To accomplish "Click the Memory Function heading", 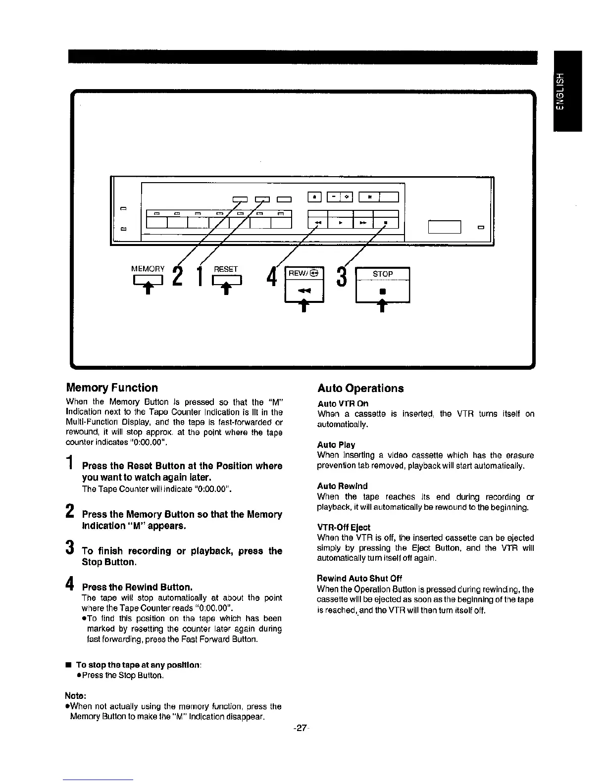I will click(112, 388).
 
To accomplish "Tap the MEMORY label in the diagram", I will click(148, 269).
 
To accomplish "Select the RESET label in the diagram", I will click(226, 269).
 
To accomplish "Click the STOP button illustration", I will click(383, 284).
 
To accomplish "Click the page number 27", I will click(301, 728).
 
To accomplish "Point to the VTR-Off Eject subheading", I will click(344, 527).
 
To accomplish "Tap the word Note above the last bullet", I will click(75, 696).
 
